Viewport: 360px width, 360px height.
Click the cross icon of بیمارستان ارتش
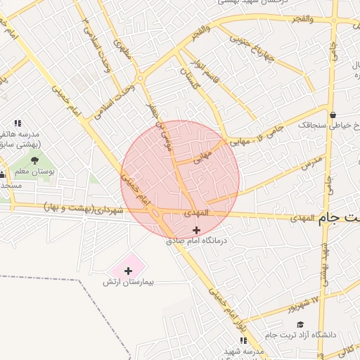128,270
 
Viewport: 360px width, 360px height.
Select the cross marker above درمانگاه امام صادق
195,230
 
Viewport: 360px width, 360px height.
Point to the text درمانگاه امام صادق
198,240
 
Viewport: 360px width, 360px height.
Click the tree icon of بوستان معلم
34,160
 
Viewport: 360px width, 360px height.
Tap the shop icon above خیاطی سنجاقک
332,115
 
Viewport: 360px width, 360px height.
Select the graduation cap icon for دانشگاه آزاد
300,324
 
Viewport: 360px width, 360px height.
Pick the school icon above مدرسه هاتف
18,123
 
